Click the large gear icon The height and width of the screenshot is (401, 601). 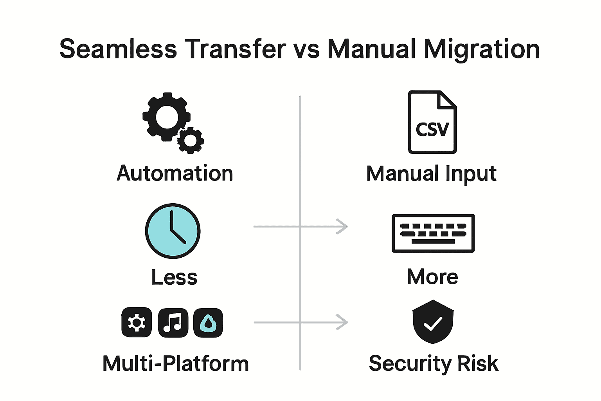(x=166, y=116)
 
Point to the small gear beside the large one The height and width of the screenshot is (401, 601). (x=191, y=140)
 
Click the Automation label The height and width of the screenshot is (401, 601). (x=175, y=173)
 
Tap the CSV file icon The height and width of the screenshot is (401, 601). (x=432, y=122)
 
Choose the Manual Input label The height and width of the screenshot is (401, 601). (x=431, y=173)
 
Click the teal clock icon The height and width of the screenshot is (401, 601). (x=173, y=231)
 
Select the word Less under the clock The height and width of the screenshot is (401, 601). (x=174, y=277)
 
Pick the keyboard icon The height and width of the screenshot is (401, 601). (x=433, y=233)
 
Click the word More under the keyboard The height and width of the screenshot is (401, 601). (x=432, y=277)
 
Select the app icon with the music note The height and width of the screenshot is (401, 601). (x=173, y=323)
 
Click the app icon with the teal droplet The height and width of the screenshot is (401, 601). (x=208, y=323)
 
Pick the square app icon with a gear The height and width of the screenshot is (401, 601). (x=137, y=323)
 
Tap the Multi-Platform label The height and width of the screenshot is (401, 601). (x=175, y=363)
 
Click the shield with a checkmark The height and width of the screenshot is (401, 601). (x=433, y=322)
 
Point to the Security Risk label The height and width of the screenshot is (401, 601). (x=434, y=363)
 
